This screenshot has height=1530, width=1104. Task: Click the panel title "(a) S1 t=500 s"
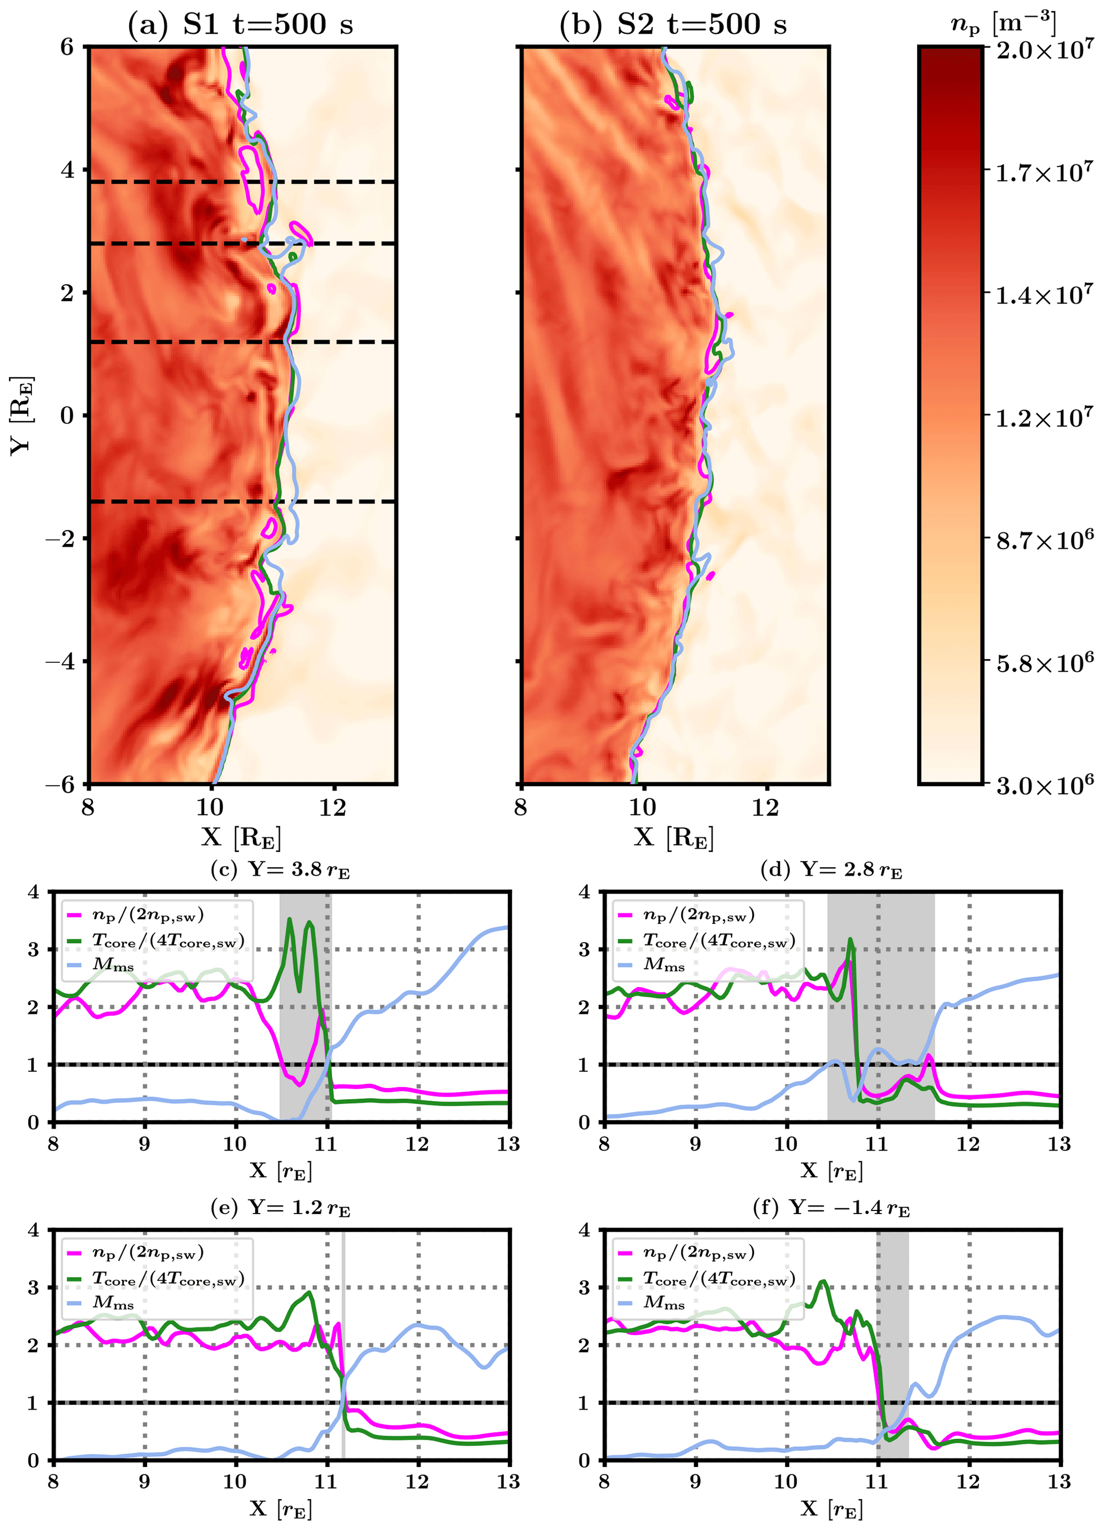tap(240, 25)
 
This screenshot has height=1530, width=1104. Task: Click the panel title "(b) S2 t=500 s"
tap(673, 25)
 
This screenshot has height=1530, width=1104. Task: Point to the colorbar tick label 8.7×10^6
tap(1045, 540)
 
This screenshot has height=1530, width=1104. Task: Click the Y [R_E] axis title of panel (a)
tap(21, 414)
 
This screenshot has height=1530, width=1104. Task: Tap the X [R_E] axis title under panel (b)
tap(673, 837)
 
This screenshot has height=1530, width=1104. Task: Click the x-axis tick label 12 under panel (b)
tap(765, 807)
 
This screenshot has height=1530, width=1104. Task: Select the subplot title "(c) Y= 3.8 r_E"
tap(280, 870)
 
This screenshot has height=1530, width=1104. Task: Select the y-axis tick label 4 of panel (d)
tap(585, 892)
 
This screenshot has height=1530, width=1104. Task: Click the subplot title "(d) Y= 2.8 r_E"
tap(831, 870)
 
